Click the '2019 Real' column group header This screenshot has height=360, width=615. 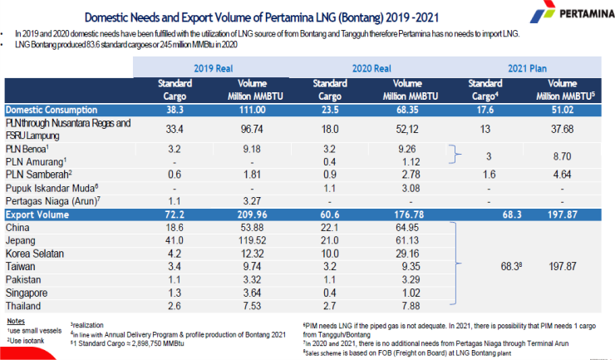point(212,69)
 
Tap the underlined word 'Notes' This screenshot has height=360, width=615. point(15,319)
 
